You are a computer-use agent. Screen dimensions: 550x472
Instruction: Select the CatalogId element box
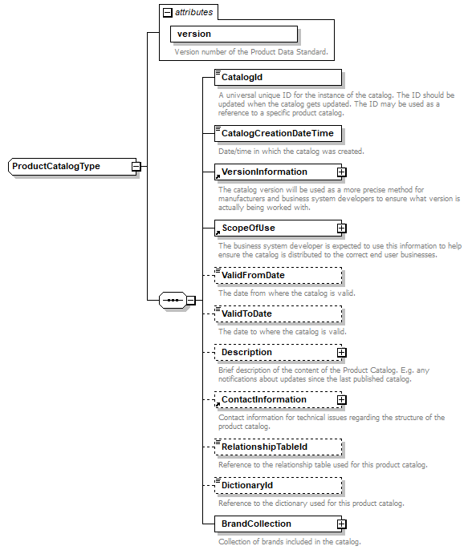278,78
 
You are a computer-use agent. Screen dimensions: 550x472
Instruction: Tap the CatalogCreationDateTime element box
278,133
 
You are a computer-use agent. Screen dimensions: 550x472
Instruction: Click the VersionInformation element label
264,172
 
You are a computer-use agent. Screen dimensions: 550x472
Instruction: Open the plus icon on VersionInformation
341,172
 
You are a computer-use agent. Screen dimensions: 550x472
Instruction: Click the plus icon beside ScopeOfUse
341,228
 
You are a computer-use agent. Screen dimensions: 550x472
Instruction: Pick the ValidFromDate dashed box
278,276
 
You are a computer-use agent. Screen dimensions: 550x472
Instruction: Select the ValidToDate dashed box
278,313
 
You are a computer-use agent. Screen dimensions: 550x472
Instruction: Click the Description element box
273,352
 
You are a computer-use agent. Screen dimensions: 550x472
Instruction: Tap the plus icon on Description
341,352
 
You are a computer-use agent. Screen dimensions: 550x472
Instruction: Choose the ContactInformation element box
273,399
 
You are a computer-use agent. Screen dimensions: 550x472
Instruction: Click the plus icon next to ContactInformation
341,399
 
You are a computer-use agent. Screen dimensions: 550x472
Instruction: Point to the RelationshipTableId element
278,447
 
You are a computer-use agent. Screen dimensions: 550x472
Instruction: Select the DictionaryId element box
278,485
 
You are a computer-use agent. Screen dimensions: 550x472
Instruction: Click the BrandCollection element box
273,524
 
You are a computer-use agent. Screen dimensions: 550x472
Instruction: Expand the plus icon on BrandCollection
341,524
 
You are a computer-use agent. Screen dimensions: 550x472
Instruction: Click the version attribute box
233,34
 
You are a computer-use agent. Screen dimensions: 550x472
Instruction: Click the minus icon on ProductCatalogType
136,167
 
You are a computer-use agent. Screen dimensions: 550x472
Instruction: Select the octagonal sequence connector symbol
173,301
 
